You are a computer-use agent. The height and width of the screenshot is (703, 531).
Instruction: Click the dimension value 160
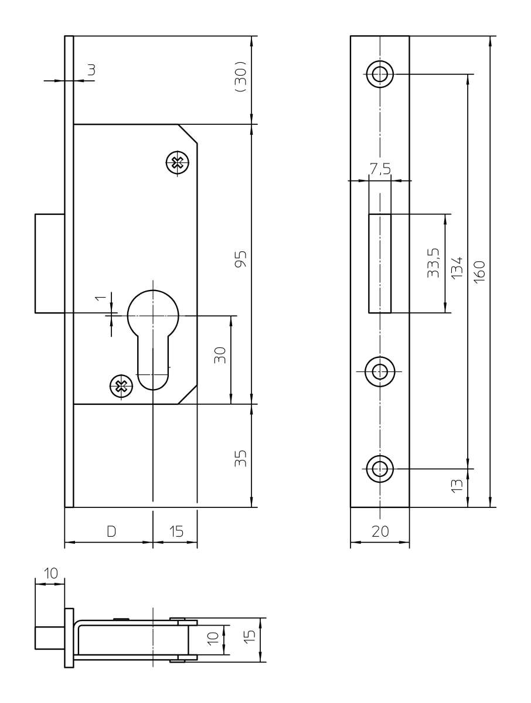point(479,272)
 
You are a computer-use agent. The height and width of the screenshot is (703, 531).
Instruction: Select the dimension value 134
point(457,267)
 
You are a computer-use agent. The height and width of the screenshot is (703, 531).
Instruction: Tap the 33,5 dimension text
point(433,263)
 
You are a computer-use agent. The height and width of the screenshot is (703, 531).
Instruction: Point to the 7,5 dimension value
point(380,169)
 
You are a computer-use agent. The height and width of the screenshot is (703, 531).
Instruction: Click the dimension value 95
point(240,259)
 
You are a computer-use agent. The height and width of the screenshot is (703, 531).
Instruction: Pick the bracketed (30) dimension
point(240,76)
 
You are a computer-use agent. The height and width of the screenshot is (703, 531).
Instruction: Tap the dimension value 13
point(457,486)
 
